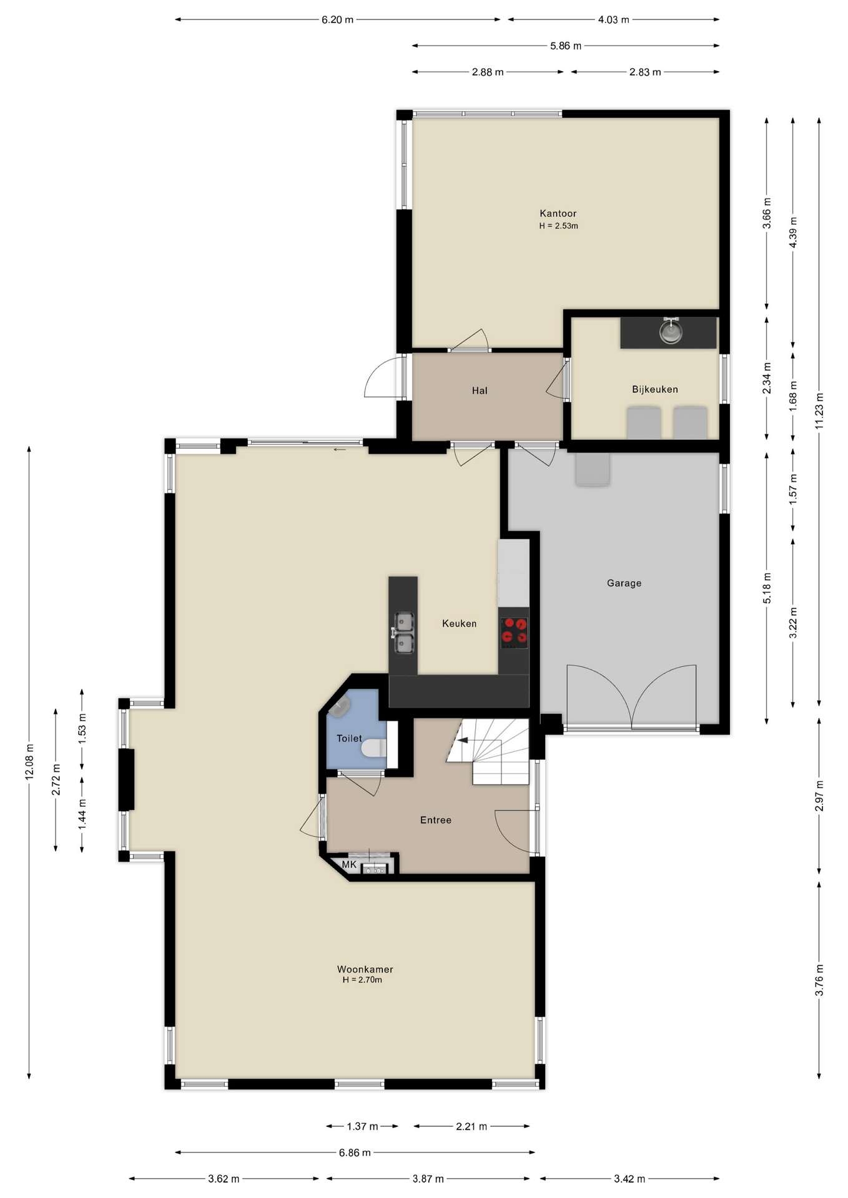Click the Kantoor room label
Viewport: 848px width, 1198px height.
[x=558, y=213]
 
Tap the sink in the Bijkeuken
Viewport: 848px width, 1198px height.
[x=671, y=330]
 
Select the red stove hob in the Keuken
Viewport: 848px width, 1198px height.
[x=514, y=631]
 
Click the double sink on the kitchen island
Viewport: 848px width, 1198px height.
[x=404, y=633]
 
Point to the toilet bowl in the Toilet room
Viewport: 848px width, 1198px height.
[x=373, y=748]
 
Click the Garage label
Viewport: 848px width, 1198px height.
[x=624, y=583]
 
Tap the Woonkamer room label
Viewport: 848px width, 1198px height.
[x=365, y=969]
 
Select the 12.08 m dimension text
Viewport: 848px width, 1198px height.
[x=29, y=762]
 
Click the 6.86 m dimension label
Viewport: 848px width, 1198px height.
[x=355, y=1152]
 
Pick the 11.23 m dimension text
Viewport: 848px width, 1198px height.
[x=819, y=410]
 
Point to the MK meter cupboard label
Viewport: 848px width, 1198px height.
[x=349, y=864]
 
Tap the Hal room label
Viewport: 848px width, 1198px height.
[x=480, y=391]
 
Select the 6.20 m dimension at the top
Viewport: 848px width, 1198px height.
[x=337, y=19]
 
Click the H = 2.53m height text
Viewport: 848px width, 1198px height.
[x=558, y=226]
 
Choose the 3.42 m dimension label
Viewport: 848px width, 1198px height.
[x=629, y=1179]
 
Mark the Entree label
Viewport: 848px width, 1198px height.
[x=435, y=820]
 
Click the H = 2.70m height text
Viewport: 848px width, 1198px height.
[x=362, y=980]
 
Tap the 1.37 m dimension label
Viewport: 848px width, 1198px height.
[x=362, y=1126]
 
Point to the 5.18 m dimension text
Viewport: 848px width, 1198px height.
[x=767, y=588]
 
